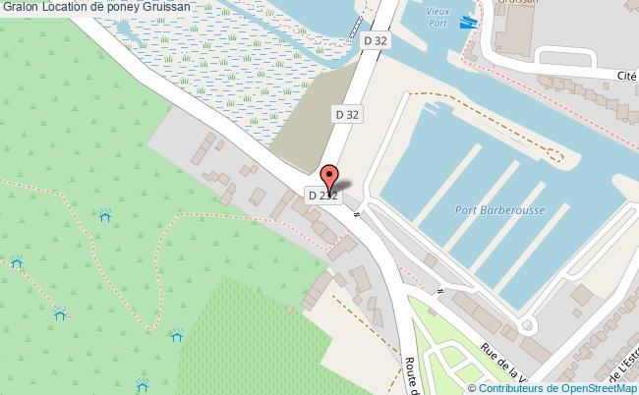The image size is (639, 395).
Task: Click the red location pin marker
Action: pyautogui.click(x=331, y=179)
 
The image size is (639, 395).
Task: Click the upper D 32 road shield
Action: pyautogui.click(x=375, y=41)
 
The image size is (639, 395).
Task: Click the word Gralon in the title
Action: pyautogui.click(x=20, y=7)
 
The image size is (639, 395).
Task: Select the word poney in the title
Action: pyautogui.click(x=131, y=7)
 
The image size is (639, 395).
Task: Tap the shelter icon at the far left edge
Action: pyautogui.click(x=16, y=261)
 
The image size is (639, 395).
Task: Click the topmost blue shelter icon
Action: pyautogui.click(x=105, y=214)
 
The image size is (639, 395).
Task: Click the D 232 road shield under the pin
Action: pyautogui.click(x=323, y=196)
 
